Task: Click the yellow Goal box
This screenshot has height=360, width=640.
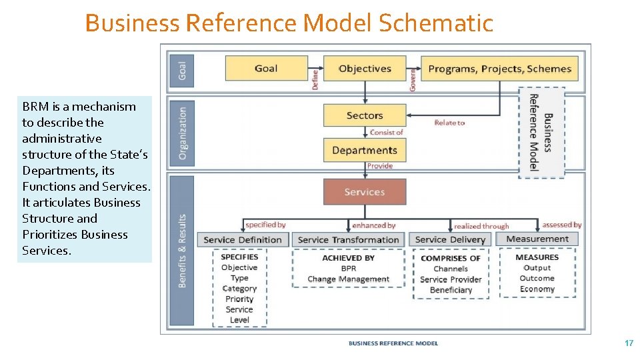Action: pyautogui.click(x=266, y=69)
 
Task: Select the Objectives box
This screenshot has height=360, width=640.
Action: pyautogui.click(x=365, y=69)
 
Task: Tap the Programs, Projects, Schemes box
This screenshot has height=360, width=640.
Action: pyautogui.click(x=499, y=69)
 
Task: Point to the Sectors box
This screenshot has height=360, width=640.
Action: pyautogui.click(x=365, y=115)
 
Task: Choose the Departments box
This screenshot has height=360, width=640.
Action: pyautogui.click(x=365, y=150)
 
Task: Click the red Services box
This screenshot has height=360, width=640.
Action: pyautogui.click(x=365, y=192)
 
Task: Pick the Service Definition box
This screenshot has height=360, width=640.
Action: pyautogui.click(x=243, y=239)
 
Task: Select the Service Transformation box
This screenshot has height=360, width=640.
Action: pyautogui.click(x=348, y=239)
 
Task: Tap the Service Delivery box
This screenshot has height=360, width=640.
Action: pyautogui.click(x=451, y=239)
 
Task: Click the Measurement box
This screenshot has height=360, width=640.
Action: pyautogui.click(x=537, y=239)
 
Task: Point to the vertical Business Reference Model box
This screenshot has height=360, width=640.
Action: pyautogui.click(x=541, y=132)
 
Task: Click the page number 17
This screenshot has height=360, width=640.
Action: pyautogui.click(x=629, y=343)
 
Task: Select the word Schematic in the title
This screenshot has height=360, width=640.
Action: pyautogui.click(x=436, y=23)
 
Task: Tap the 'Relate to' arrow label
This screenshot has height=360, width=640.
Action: pyautogui.click(x=449, y=123)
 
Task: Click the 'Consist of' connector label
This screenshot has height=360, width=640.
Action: pyautogui.click(x=387, y=133)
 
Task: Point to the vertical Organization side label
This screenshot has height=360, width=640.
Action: pyautogui.click(x=183, y=133)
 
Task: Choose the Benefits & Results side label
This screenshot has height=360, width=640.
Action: pyautogui.click(x=183, y=250)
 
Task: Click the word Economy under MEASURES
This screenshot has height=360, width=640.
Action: pyautogui.click(x=537, y=289)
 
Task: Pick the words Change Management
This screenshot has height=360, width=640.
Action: pyautogui.click(x=348, y=279)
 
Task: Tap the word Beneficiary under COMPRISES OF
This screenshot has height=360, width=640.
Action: pyautogui.click(x=451, y=290)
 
